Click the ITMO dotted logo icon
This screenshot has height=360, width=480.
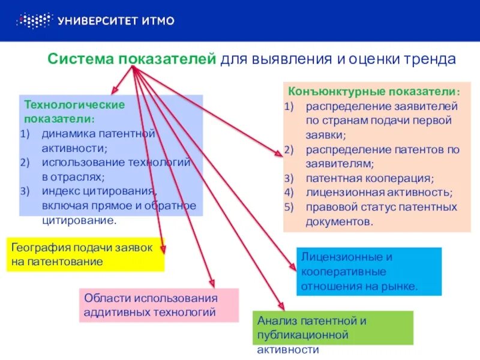tap(34, 21)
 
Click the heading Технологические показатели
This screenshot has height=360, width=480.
tap(74, 111)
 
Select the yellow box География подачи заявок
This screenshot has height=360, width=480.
tap(85, 254)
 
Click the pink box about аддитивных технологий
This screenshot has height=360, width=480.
tap(158, 305)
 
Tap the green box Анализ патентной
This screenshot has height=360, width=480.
tap(335, 328)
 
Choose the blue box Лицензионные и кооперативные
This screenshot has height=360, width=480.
tap(368, 271)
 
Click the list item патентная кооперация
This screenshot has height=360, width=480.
tap(369, 179)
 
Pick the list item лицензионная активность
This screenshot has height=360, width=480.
tap(378, 193)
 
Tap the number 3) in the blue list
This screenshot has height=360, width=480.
tap(25, 191)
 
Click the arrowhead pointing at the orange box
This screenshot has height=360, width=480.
tap(279, 155)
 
